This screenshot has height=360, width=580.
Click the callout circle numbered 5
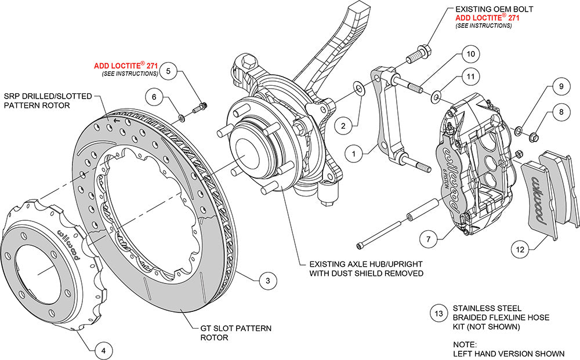pos(168,72)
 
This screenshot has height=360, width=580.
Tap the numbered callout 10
pos(471,54)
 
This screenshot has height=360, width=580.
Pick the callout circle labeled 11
pos(471,77)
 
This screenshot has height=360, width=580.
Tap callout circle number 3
pos(267,281)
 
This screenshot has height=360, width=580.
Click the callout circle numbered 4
pos(103,351)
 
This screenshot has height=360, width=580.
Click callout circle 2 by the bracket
pos(343,125)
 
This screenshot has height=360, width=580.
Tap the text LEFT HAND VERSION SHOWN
pos(509,353)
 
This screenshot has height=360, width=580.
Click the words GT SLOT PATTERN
pos(231,329)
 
